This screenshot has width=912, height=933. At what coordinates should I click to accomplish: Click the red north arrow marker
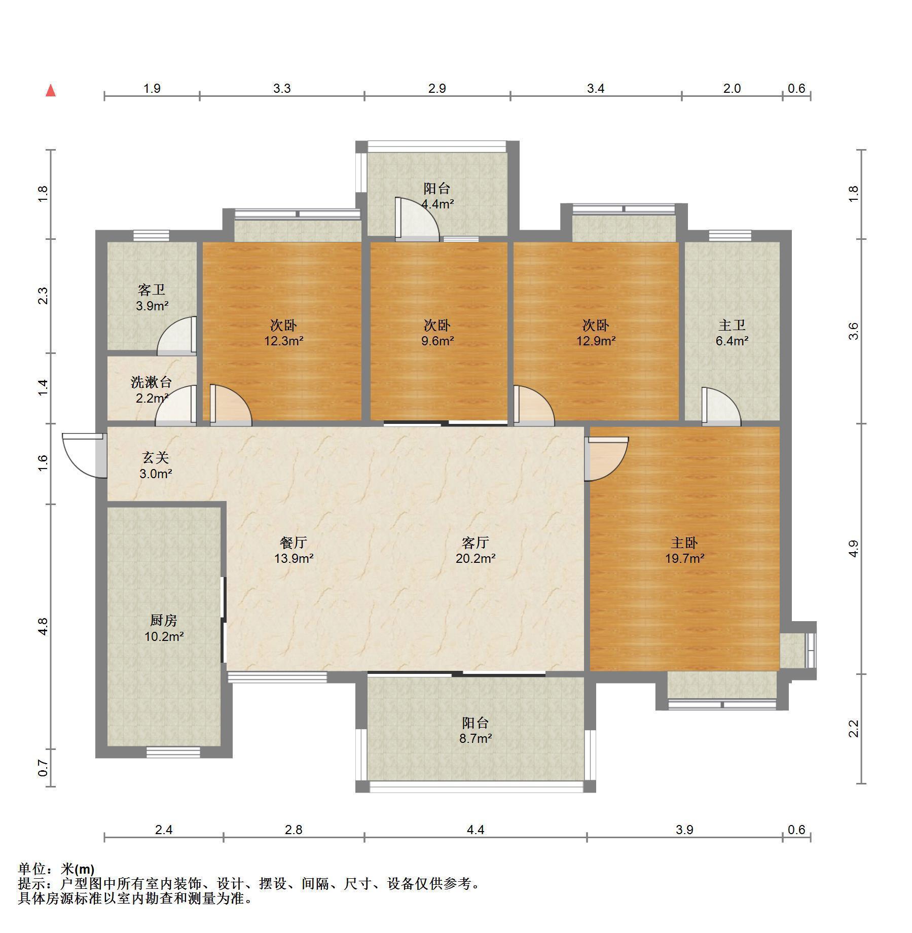(51, 91)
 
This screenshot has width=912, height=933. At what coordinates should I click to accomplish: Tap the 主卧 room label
(684, 543)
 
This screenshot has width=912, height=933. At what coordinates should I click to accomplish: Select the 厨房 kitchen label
(163, 620)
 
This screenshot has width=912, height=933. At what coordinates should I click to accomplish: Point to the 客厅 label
(476, 543)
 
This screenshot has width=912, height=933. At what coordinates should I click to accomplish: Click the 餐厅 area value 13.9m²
(294, 559)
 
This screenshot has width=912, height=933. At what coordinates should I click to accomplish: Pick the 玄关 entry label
(155, 458)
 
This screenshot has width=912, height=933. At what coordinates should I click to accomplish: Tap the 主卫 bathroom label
(732, 325)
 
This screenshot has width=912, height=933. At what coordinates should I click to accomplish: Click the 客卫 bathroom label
(152, 290)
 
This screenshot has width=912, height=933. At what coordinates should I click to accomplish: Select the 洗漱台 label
(151, 382)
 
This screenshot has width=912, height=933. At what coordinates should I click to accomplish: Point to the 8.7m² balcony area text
(476, 738)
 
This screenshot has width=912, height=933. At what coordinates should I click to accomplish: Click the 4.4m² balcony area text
(437, 204)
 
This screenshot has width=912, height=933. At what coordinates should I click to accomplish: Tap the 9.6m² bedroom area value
(437, 341)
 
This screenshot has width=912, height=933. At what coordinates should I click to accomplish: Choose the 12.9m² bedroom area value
(596, 341)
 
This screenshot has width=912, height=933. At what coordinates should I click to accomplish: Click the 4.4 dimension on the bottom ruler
(476, 830)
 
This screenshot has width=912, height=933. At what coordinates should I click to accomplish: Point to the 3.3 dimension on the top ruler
(282, 88)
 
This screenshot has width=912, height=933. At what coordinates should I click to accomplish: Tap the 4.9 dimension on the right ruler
(854, 549)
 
